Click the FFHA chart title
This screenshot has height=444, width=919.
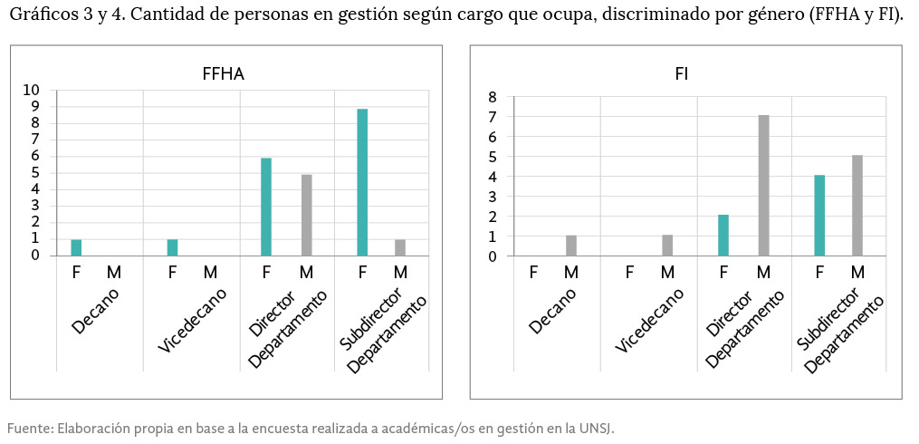point(223,74)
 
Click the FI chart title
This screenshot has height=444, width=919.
point(681,74)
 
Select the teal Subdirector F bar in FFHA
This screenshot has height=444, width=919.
point(362,182)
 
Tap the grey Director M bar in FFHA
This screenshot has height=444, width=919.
point(306,215)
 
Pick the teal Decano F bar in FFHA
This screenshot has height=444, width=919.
point(76,247)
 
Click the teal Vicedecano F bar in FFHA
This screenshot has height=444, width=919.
point(172,247)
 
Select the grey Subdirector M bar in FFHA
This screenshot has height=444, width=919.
point(400,247)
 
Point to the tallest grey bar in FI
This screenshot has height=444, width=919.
point(763,186)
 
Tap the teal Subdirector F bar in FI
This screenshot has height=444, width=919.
point(819,216)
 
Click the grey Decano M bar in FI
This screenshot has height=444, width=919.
point(570,246)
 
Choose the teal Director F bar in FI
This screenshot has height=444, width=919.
point(723,236)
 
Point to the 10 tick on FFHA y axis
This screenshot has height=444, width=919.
point(31,90)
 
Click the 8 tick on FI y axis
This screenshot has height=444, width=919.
point(493,97)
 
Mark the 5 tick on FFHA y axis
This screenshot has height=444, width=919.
point(35,172)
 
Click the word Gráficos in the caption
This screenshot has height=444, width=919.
point(41,16)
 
